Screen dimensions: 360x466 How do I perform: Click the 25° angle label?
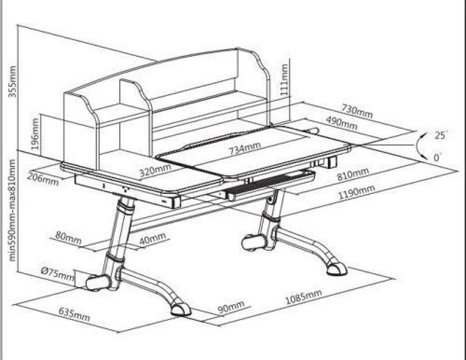pyautogui.click(x=442, y=135)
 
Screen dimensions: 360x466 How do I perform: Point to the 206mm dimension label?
pyautogui.click(x=43, y=179)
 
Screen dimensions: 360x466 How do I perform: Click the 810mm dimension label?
pyautogui.click(x=352, y=174)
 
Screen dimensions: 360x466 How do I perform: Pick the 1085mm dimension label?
pyautogui.click(x=303, y=299)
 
